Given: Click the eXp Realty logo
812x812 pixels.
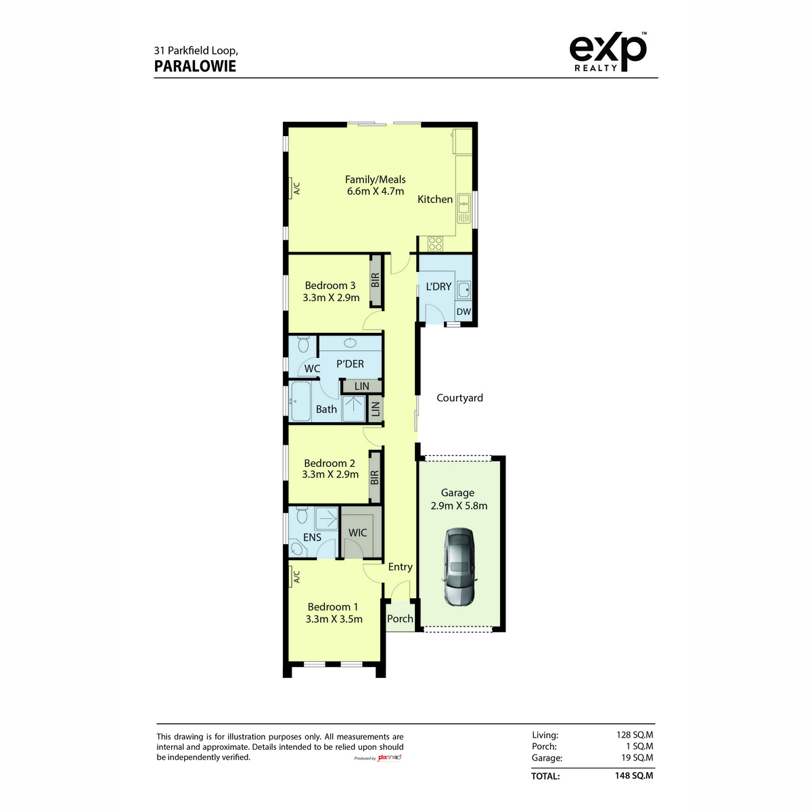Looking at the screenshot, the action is tap(608, 52).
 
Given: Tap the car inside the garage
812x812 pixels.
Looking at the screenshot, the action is tap(459, 567).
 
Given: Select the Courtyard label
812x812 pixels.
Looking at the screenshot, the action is tap(459, 398).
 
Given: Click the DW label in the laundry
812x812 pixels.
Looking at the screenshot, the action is tap(464, 312).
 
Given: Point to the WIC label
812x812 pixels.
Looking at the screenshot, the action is tap(357, 533).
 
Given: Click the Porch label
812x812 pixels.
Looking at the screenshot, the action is tap(400, 618).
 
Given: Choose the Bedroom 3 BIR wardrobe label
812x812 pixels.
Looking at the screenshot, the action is tap(375, 280).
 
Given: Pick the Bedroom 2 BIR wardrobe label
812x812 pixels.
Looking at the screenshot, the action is tap(374, 478).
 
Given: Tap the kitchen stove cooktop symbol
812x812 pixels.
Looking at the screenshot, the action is tap(435, 243).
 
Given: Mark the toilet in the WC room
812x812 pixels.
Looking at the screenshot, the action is tap(303, 344).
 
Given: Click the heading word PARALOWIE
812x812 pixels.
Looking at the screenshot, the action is tap(195, 66).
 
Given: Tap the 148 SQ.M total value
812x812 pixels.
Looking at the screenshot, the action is tap(634, 775).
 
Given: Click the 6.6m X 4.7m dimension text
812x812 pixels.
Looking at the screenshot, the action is tap(375, 191).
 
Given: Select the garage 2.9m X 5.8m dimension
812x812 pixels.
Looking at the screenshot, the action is tap(459, 505).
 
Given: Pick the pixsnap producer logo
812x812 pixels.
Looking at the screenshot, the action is tap(389, 758).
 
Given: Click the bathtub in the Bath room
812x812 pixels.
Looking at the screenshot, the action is tap(300, 401).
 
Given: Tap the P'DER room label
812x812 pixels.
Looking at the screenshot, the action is tap(350, 363).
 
